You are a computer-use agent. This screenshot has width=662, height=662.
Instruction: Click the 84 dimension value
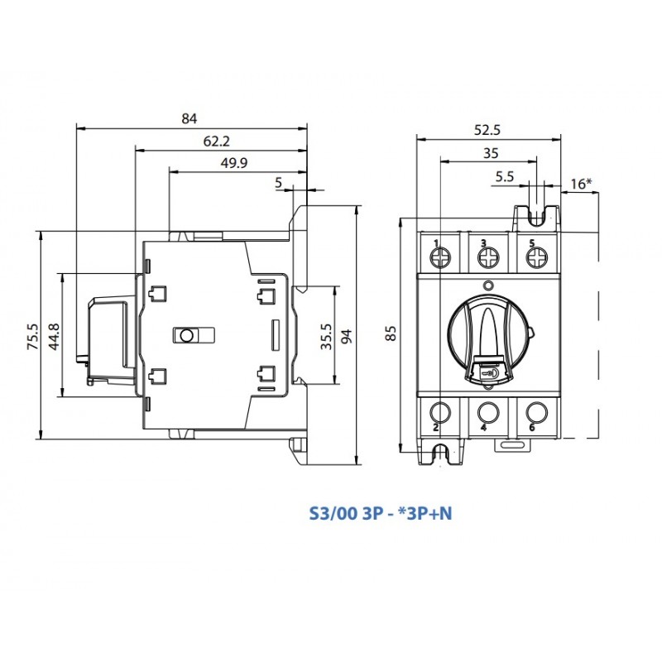(x=189, y=118)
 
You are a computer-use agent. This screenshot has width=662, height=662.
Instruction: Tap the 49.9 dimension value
(x=234, y=163)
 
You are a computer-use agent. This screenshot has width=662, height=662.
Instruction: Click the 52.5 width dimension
(x=489, y=129)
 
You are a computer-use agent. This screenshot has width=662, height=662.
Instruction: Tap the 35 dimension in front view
(x=490, y=153)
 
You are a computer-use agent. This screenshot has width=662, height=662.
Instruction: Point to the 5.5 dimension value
(x=504, y=176)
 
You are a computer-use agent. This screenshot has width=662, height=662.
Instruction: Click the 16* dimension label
(x=582, y=184)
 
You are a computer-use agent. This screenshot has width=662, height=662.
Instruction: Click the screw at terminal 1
(x=440, y=258)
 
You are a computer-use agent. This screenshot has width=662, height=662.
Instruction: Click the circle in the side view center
(x=187, y=335)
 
